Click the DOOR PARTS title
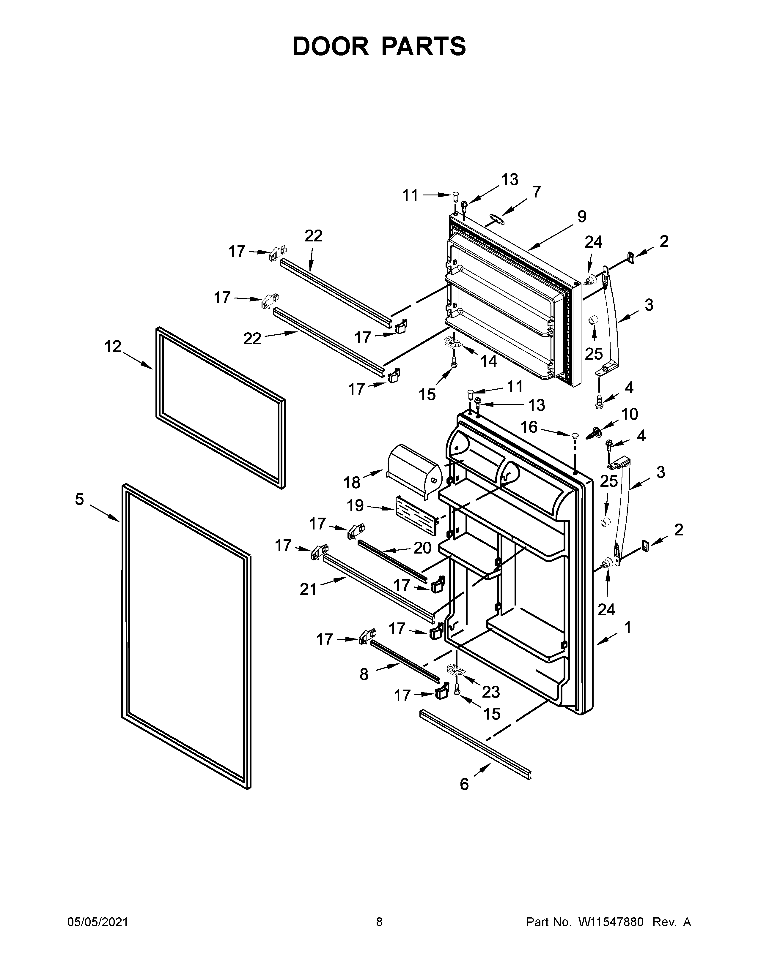pyautogui.click(x=379, y=46)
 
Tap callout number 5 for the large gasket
pyautogui.click(x=79, y=499)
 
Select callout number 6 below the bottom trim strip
pyautogui.click(x=464, y=784)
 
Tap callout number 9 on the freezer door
pyautogui.click(x=581, y=217)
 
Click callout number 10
pyautogui.click(x=630, y=414)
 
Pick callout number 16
pyautogui.click(x=529, y=427)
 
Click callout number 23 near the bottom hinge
pyautogui.click(x=491, y=692)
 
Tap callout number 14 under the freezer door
pyautogui.click(x=489, y=361)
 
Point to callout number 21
pyautogui.click(x=309, y=589)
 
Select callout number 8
pyautogui.click(x=364, y=674)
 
